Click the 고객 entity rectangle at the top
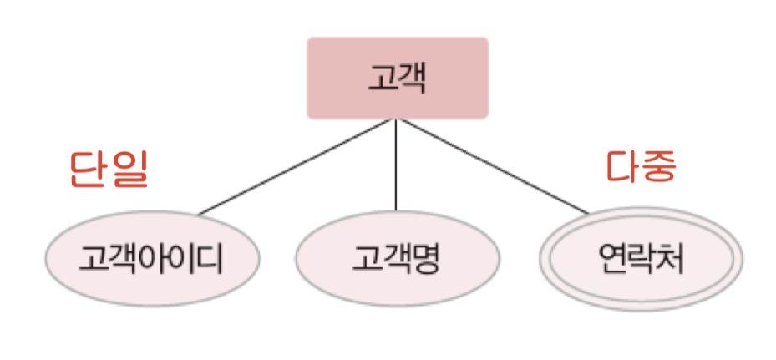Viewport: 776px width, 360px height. tap(397, 78)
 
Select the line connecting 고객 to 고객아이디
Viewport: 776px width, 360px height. tap(297, 166)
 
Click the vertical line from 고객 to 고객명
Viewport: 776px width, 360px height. tap(396, 167)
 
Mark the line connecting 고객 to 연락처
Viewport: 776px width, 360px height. tap(493, 166)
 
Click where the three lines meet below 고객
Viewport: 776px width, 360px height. tap(396, 119)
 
